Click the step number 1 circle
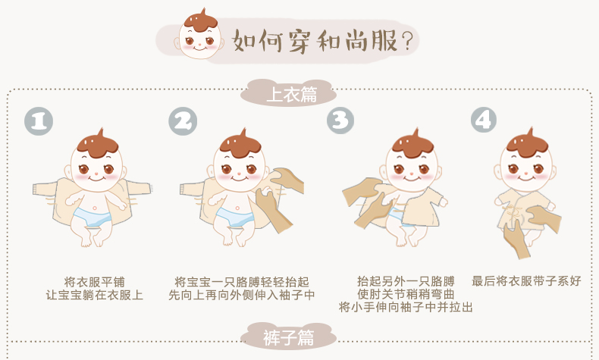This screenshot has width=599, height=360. (x=39, y=121)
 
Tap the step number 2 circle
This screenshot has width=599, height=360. (x=183, y=121)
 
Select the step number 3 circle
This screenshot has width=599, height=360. (x=340, y=121)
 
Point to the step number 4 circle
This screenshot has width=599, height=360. (x=484, y=120)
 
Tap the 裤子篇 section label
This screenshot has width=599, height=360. (x=288, y=337)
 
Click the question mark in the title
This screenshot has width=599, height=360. (x=408, y=41)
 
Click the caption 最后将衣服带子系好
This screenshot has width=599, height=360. (x=526, y=281)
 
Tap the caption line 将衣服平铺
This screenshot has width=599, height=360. (x=94, y=282)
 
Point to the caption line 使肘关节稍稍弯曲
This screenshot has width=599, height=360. (x=406, y=294)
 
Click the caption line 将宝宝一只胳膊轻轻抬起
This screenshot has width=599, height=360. (x=242, y=282)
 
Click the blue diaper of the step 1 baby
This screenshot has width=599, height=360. (x=92, y=217)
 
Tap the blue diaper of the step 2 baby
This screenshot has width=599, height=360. (x=234, y=217)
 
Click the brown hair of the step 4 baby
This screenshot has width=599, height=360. (x=527, y=145)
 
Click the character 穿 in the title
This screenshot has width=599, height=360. (x=299, y=41)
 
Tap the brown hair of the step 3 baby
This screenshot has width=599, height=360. (x=412, y=145)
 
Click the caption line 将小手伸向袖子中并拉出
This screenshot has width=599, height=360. (x=406, y=307)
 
